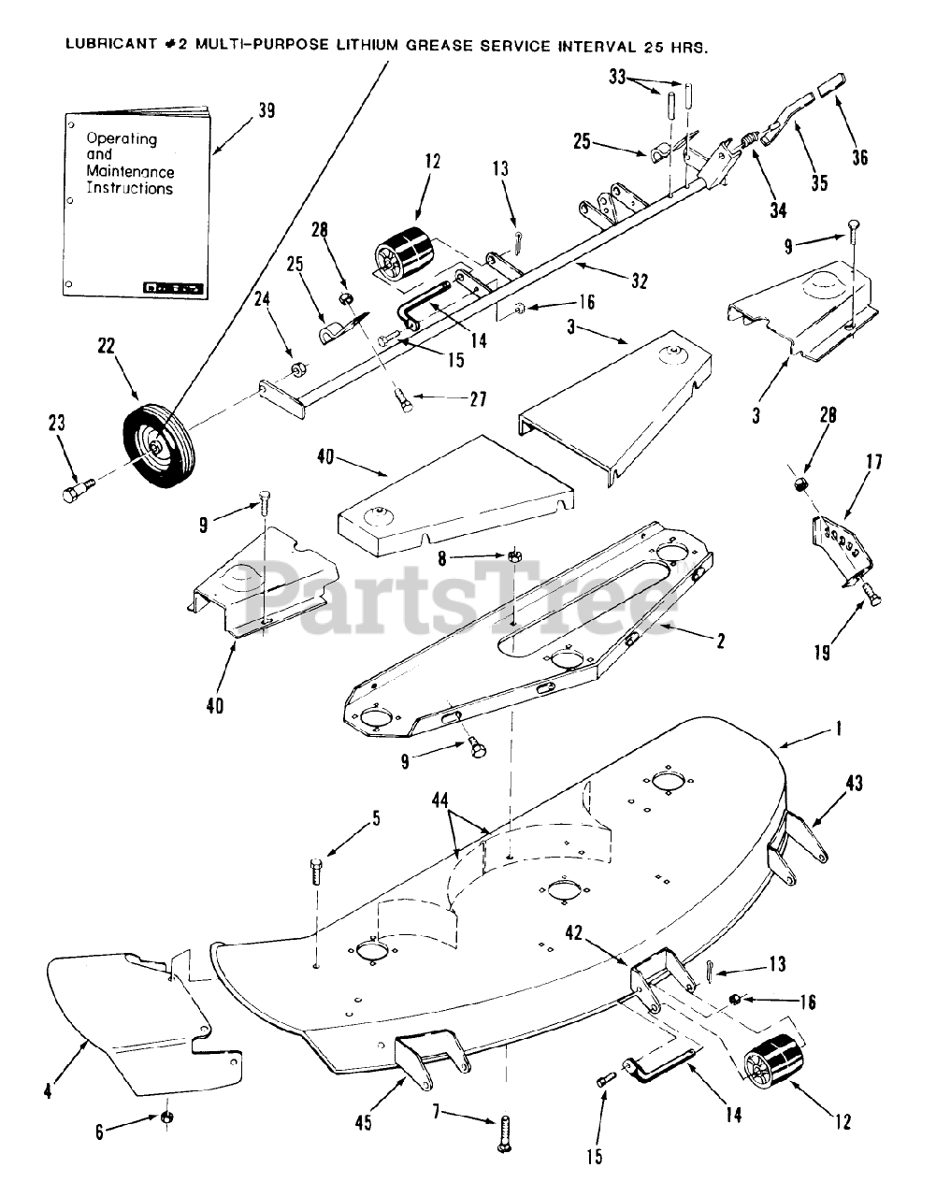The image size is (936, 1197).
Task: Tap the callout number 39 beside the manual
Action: click(x=267, y=110)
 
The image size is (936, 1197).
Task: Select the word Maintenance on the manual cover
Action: click(x=130, y=172)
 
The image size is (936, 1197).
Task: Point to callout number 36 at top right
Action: click(x=859, y=157)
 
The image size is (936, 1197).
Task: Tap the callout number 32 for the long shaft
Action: click(x=640, y=280)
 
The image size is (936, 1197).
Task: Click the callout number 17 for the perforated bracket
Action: click(x=874, y=461)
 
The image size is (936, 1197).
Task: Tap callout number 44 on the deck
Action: click(x=440, y=800)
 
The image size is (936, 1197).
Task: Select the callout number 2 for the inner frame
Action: click(x=721, y=642)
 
